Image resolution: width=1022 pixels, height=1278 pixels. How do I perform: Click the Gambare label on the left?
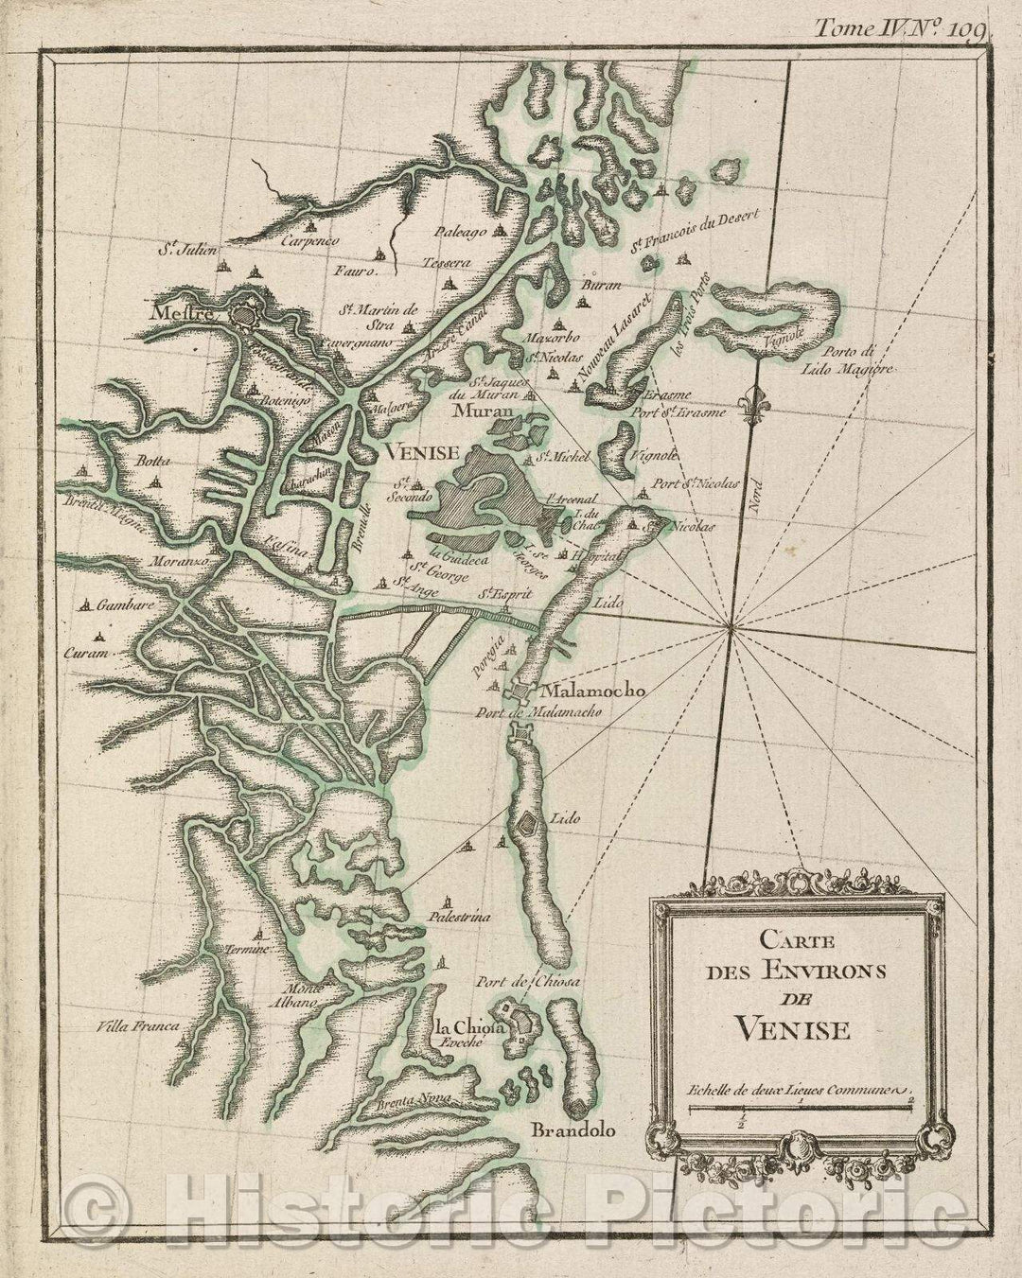pos(117,603)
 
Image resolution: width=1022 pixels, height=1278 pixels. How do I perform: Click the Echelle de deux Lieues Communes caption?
pos(799,1090)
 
